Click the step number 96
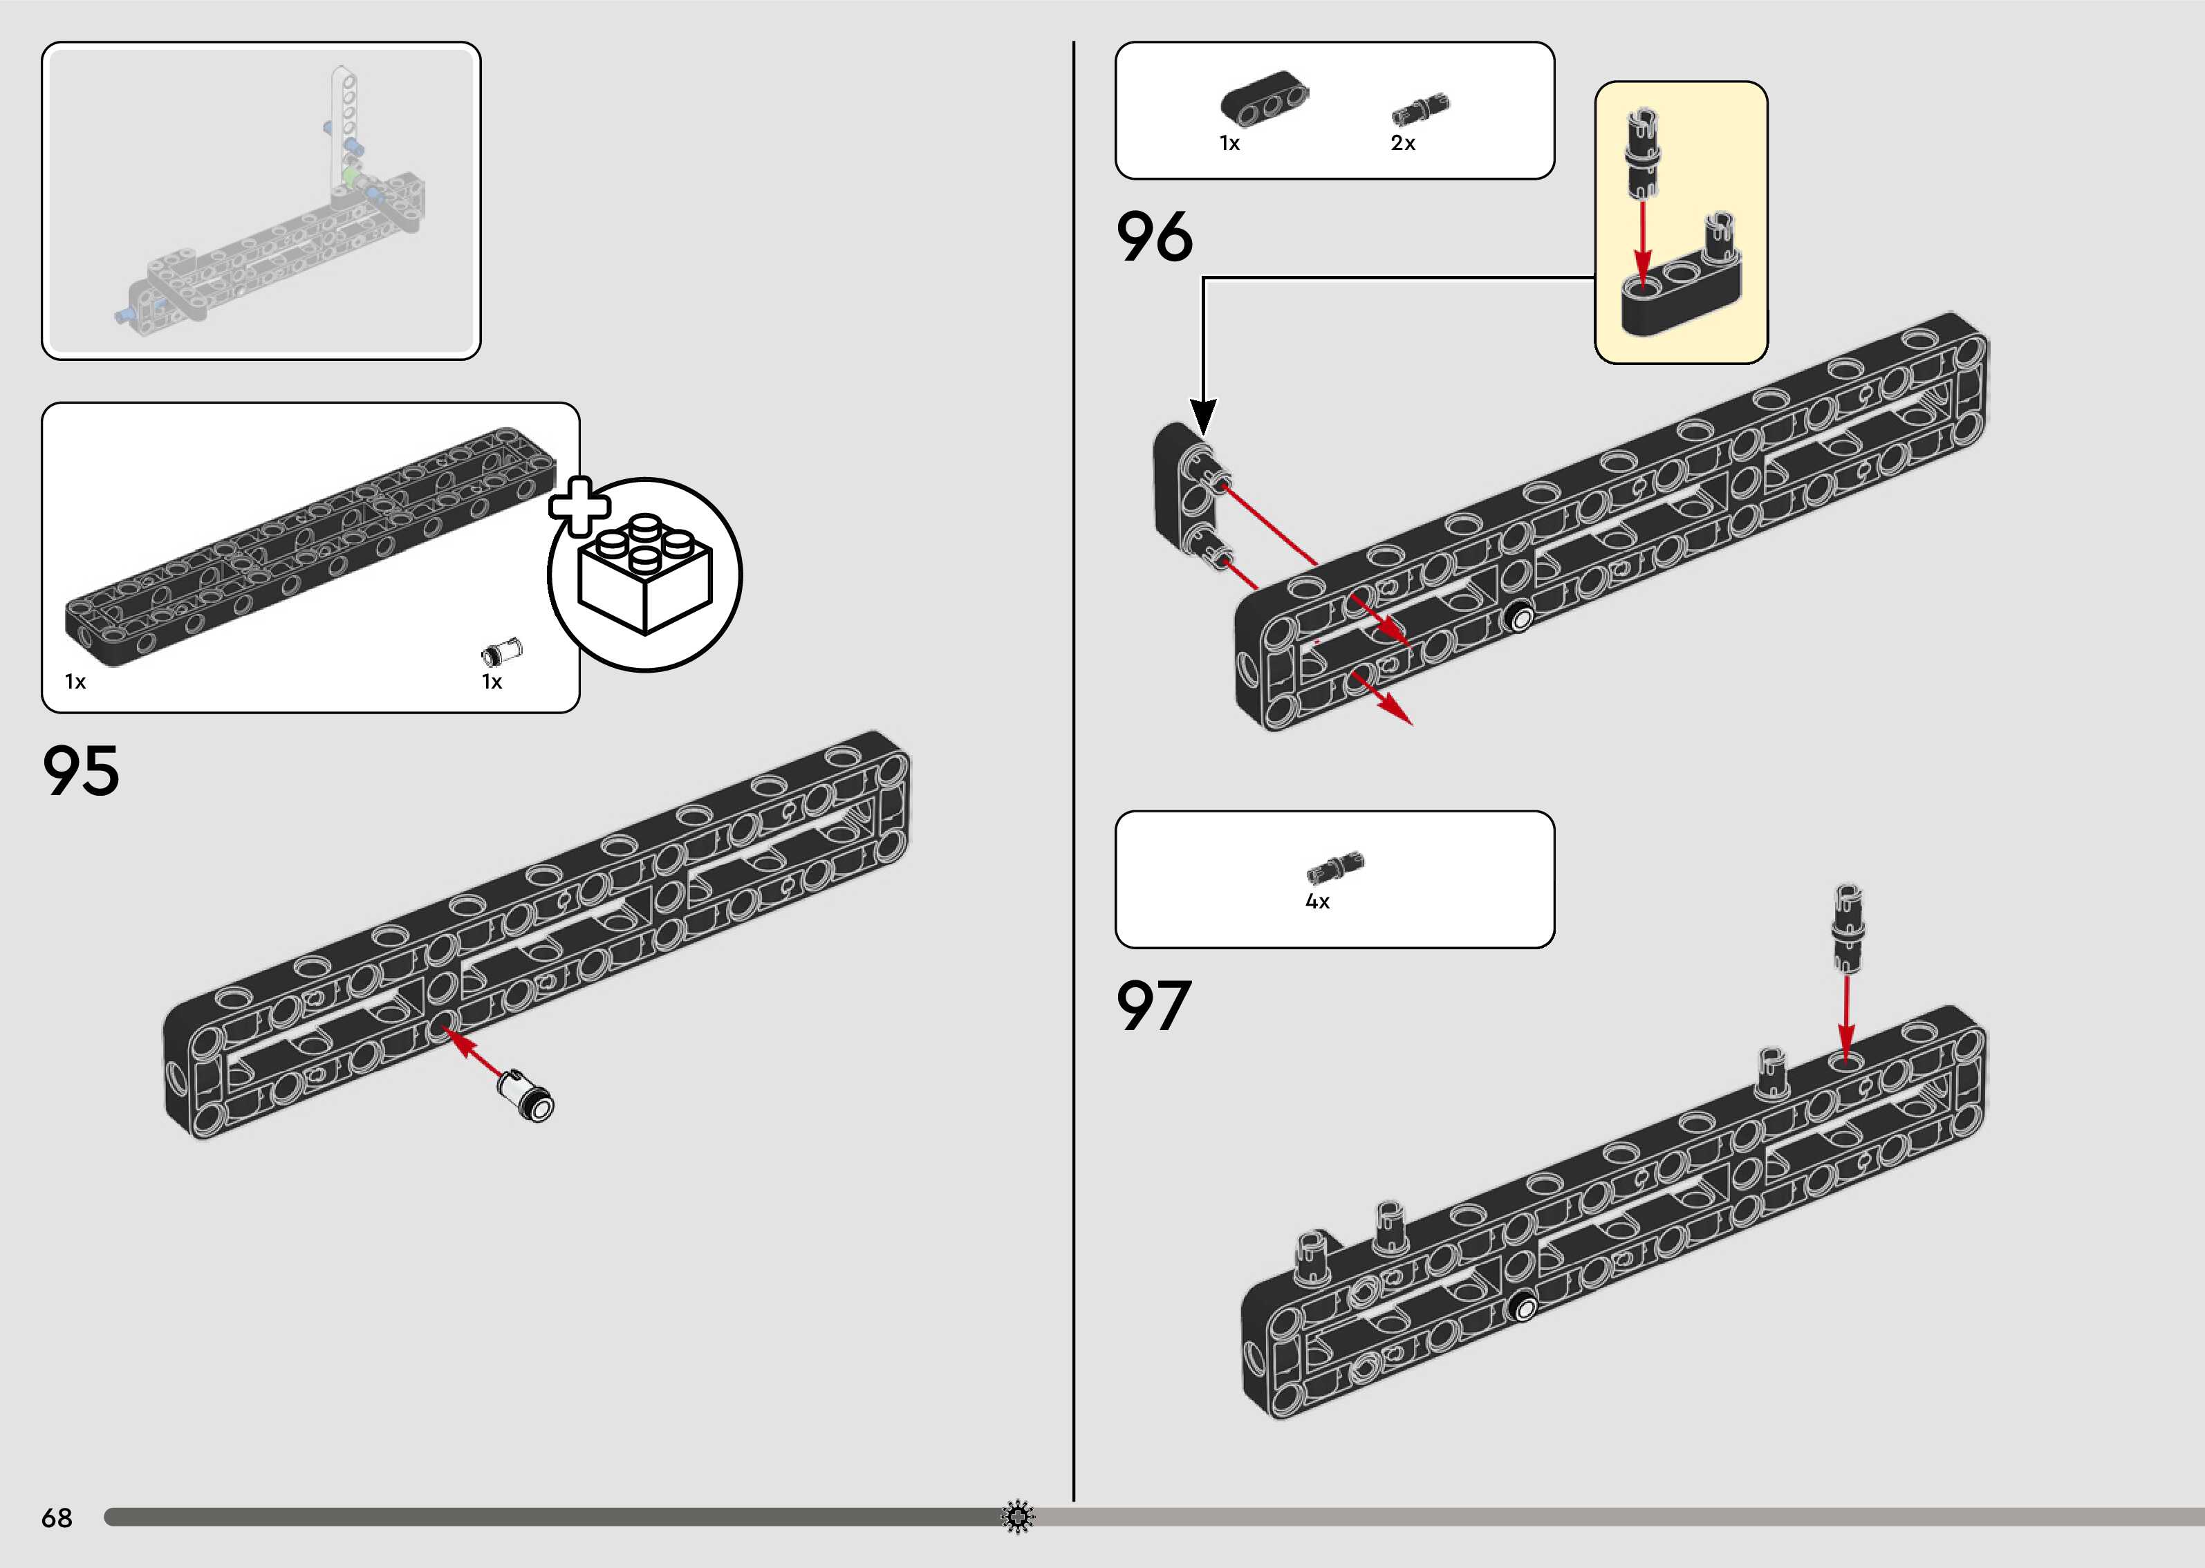tap(1155, 238)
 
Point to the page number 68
tap(57, 1518)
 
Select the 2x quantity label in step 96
tap(1403, 143)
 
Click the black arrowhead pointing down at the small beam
tap(1203, 417)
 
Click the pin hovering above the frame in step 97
tap(1847, 927)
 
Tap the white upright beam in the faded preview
tap(344, 126)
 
